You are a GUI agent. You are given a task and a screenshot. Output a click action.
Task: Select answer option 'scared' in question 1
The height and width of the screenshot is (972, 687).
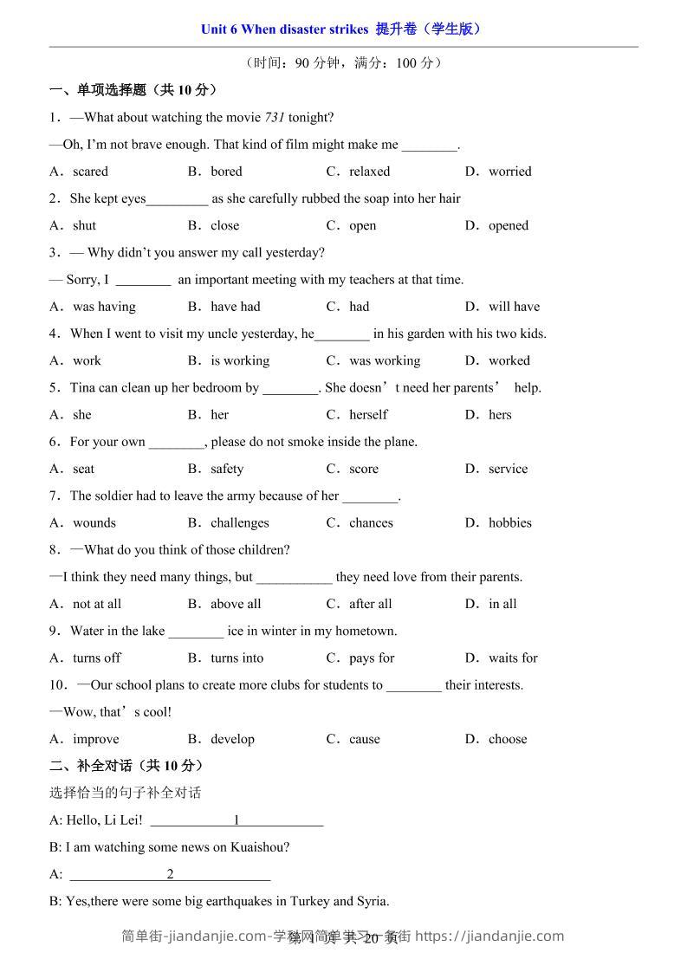pyautogui.click(x=90, y=172)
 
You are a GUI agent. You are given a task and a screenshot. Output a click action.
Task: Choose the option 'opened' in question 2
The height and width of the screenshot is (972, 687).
pyautogui.click(x=508, y=225)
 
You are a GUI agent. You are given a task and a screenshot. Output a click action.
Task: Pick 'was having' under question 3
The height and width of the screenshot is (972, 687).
pyautogui.click(x=104, y=307)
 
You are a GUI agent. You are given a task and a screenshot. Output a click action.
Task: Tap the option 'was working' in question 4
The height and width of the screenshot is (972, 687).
pyautogui.click(x=385, y=360)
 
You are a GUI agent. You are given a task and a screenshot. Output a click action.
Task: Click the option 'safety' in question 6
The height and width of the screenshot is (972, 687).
pyautogui.click(x=227, y=469)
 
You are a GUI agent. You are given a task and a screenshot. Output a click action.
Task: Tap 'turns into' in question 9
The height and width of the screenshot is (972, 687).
pyautogui.click(x=237, y=658)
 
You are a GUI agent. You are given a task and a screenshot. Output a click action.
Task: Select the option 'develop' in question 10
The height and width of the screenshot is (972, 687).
pyautogui.click(x=232, y=739)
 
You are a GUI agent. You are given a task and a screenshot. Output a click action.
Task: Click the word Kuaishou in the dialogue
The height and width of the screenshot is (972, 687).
pyautogui.click(x=256, y=847)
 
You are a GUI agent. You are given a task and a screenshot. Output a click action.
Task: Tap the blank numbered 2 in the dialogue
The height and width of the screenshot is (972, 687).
pyautogui.click(x=170, y=874)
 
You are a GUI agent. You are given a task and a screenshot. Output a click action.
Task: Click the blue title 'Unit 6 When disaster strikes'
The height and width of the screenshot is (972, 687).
pyautogui.click(x=284, y=29)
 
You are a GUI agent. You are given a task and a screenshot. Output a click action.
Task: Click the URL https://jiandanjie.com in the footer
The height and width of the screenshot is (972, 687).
pyautogui.click(x=490, y=936)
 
